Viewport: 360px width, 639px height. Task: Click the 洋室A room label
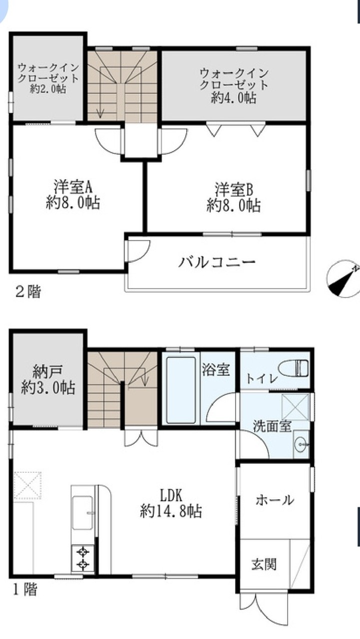coord(72,187)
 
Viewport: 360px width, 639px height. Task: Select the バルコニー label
coord(217,262)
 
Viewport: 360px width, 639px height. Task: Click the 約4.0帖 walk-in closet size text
coord(233,98)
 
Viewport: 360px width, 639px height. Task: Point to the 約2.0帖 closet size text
coord(48,89)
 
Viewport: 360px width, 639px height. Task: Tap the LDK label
coord(171,495)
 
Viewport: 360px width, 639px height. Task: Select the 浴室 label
coord(216,369)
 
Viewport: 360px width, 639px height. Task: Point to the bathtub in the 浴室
coord(181,390)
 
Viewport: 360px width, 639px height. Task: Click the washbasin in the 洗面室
coord(301,444)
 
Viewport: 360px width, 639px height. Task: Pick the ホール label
coord(274,500)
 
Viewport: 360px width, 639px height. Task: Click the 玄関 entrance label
coord(264,564)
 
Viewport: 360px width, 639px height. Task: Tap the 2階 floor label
coord(27,292)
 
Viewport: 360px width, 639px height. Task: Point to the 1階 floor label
coord(25,590)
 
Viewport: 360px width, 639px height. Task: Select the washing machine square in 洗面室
coord(295,407)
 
